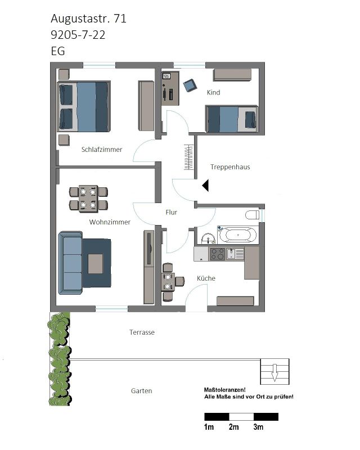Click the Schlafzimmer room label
coord(102,150)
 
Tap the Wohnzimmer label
coord(110,222)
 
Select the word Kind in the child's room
coord(213,92)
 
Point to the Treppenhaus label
coord(230,167)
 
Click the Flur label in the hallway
coord(171,213)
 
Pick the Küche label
coord(206,278)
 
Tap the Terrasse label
coord(142,332)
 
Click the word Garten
coord(141,391)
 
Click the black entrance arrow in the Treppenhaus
coord(205,186)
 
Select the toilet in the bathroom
coord(253,215)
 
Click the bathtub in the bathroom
coord(238,235)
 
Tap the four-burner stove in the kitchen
coord(217,254)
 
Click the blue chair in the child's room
coord(190,85)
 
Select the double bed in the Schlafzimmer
coord(84,106)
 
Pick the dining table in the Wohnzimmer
coord(88,199)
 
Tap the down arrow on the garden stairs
coord(274,372)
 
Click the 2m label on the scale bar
coord(233,427)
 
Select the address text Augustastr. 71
coord(88,19)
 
